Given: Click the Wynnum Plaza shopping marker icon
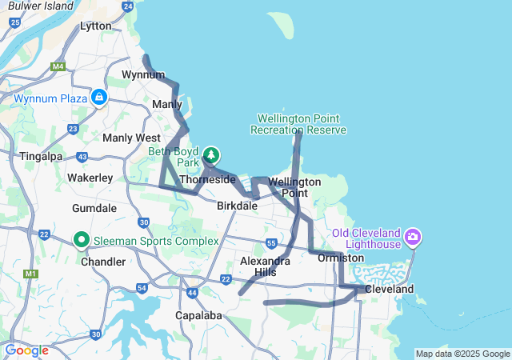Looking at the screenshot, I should (x=99, y=98).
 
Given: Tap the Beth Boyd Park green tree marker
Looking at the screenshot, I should (x=211, y=154).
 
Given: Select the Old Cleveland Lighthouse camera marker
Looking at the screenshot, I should (x=413, y=236).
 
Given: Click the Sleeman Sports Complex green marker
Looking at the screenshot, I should (x=82, y=239).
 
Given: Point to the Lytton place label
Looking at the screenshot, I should (x=96, y=26).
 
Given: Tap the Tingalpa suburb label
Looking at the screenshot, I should (x=41, y=156).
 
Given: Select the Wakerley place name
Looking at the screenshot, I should (x=90, y=177).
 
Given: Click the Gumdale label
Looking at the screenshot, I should (x=95, y=208).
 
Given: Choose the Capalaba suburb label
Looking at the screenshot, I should (x=198, y=315).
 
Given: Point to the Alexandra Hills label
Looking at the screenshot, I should (x=265, y=266).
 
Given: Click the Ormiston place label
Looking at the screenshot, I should (x=341, y=258).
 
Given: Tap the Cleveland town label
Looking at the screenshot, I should (x=390, y=289).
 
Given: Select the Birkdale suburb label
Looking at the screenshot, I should (x=237, y=206).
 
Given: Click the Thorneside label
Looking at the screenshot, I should (x=207, y=180).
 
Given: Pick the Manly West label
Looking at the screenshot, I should (x=131, y=138).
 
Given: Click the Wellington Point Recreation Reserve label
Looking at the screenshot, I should (x=298, y=124).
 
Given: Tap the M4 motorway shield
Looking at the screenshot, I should (x=58, y=66).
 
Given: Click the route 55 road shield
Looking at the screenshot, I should (x=272, y=242).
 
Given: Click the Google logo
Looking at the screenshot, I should (x=26, y=350).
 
